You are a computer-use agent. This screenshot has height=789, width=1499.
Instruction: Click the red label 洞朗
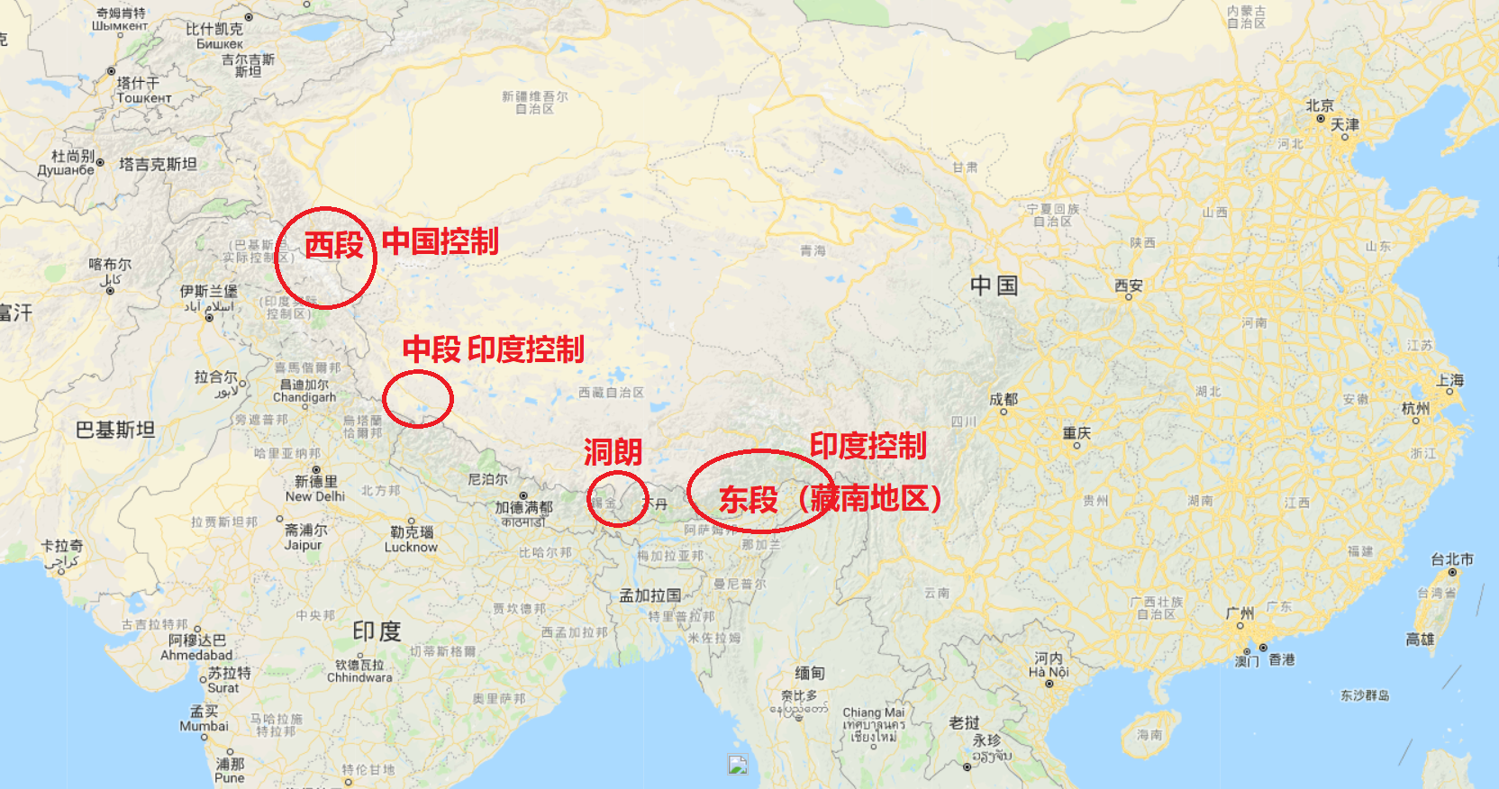tap(613, 451)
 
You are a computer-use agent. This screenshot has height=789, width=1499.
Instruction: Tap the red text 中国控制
tap(440, 241)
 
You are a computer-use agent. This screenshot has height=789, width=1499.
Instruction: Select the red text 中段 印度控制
tap(493, 349)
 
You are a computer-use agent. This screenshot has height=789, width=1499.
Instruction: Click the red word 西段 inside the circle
tap(333, 245)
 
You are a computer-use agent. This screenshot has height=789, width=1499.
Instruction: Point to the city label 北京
tap(1320, 105)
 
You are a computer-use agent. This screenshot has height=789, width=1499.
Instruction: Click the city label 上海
tap(1449, 380)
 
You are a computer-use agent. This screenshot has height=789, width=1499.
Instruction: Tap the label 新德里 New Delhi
tap(315, 488)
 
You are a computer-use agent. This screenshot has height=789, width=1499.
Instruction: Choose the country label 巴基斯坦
tap(115, 430)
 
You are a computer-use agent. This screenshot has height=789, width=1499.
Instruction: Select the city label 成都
tap(1004, 399)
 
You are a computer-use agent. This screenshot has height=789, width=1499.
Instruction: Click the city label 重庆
tap(1077, 433)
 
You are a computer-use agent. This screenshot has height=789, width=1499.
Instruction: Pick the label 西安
tap(1128, 286)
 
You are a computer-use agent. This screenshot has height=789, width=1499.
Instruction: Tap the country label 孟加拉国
tap(650, 595)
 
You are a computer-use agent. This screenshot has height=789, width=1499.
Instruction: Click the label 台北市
tap(1452, 559)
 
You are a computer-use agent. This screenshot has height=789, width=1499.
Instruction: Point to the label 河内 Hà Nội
tap(1049, 665)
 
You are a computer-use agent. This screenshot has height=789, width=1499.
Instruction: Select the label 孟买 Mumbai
tap(204, 719)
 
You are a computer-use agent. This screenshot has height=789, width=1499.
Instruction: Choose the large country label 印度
tap(377, 631)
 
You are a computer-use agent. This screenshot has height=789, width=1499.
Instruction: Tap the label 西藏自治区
tap(611, 393)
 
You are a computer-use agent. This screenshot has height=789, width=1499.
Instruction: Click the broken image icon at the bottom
tap(738, 765)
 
